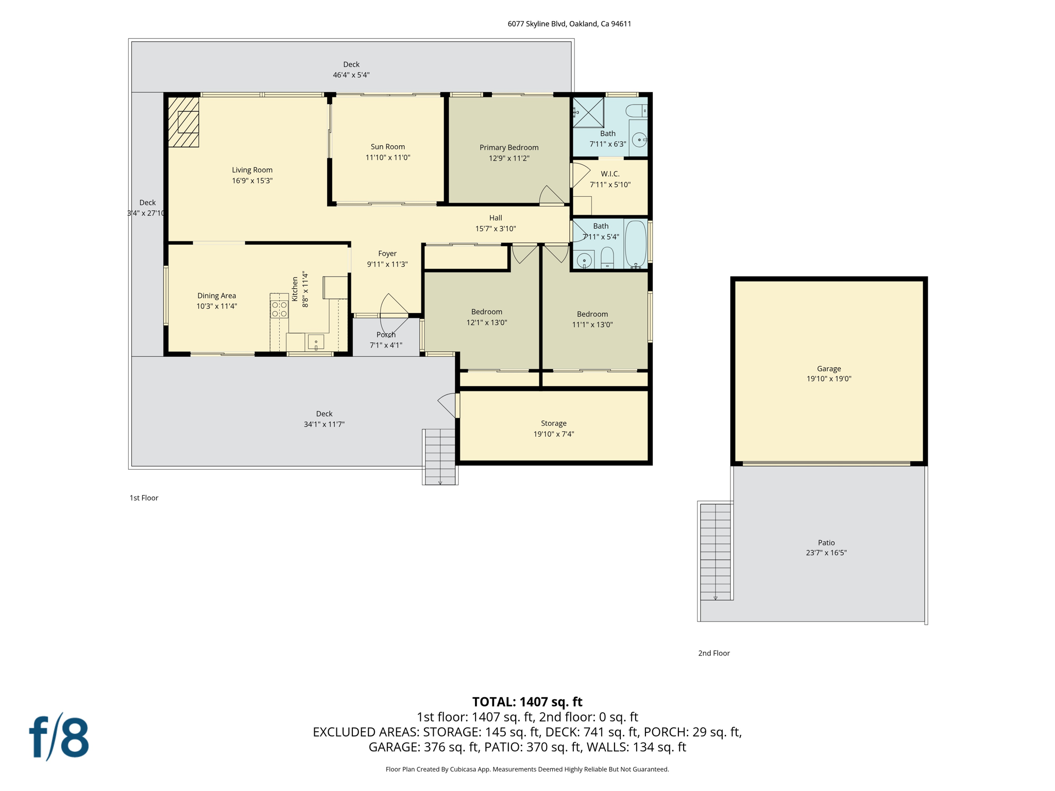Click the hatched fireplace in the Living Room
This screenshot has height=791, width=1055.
pyautogui.click(x=183, y=122)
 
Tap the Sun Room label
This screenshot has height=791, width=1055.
pyautogui.click(x=387, y=147)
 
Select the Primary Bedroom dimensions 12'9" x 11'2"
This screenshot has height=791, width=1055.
pyautogui.click(x=509, y=158)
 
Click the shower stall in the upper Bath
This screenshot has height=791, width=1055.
pyautogui.click(x=588, y=112)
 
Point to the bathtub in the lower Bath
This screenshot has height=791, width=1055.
pyautogui.click(x=636, y=243)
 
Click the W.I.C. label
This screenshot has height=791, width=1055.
pyautogui.click(x=610, y=174)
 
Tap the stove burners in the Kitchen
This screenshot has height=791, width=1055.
pyautogui.click(x=279, y=309)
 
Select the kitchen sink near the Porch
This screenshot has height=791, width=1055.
pyautogui.click(x=315, y=341)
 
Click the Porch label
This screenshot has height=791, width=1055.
pyautogui.click(x=386, y=335)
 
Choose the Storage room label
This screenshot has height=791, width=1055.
pyautogui.click(x=553, y=423)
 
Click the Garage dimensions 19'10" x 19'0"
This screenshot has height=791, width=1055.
pyautogui.click(x=828, y=379)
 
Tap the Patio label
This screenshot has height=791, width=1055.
pyautogui.click(x=826, y=542)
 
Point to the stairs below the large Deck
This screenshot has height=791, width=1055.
pyautogui.click(x=439, y=456)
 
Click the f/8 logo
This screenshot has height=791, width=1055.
pyautogui.click(x=59, y=737)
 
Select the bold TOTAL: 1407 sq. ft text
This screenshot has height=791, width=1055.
pyautogui.click(x=527, y=702)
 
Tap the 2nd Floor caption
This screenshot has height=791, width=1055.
pyautogui.click(x=713, y=653)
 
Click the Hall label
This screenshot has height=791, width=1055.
pyautogui.click(x=495, y=218)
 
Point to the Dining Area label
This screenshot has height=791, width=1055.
pyautogui.click(x=216, y=296)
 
